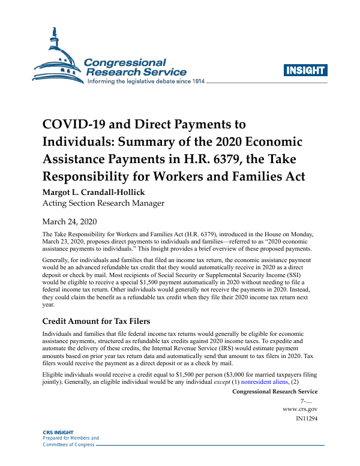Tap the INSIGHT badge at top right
pos(305,70)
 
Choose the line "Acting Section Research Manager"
pos(103,203)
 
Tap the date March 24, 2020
pos(69,221)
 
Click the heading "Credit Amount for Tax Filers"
pos(96,323)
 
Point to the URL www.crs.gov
pos(300,409)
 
